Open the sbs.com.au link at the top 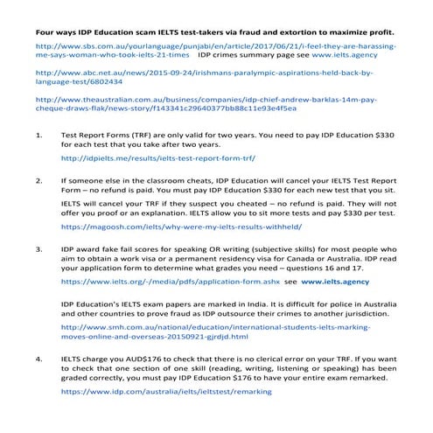[x=210, y=42]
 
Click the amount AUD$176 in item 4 [x=121, y=359]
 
